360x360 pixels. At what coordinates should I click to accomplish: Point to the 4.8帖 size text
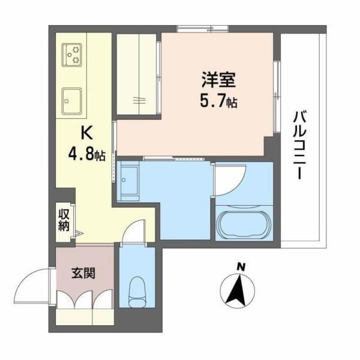87,154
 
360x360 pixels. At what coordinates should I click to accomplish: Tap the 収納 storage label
64,220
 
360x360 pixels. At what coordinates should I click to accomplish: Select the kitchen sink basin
72,99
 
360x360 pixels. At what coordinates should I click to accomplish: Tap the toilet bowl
137,290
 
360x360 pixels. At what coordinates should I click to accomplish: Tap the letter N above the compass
240,266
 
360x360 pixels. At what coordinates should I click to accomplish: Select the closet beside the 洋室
137,74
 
